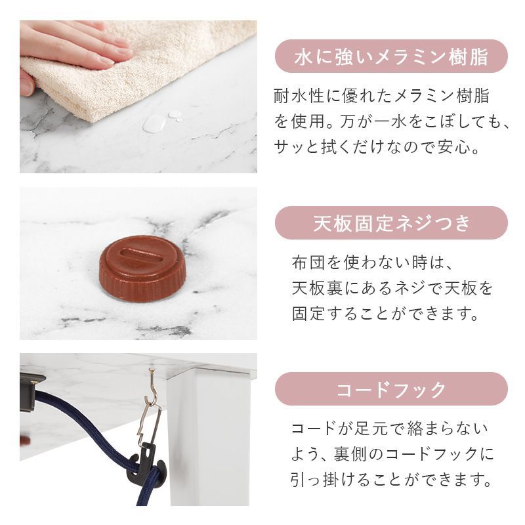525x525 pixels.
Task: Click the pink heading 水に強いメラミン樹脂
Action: click(391, 56)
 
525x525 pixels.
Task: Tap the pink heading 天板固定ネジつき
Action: click(391, 223)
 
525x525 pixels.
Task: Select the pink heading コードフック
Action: click(391, 389)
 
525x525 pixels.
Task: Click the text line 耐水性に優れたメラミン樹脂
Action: click(381, 96)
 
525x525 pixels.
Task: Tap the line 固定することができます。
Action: click(385, 313)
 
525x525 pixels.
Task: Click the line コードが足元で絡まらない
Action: click(390, 430)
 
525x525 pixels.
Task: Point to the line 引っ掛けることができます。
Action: click(392, 480)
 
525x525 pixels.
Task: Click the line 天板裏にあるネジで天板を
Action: click(392, 288)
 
